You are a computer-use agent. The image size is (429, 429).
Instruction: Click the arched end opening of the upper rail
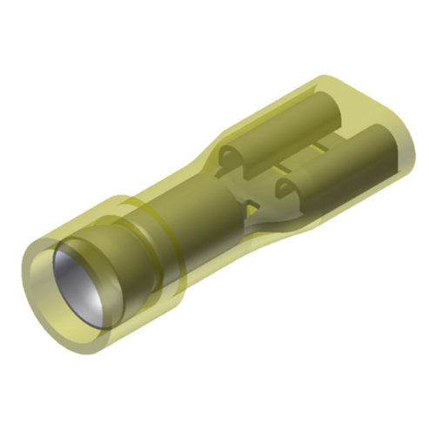click(x=228, y=157)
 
